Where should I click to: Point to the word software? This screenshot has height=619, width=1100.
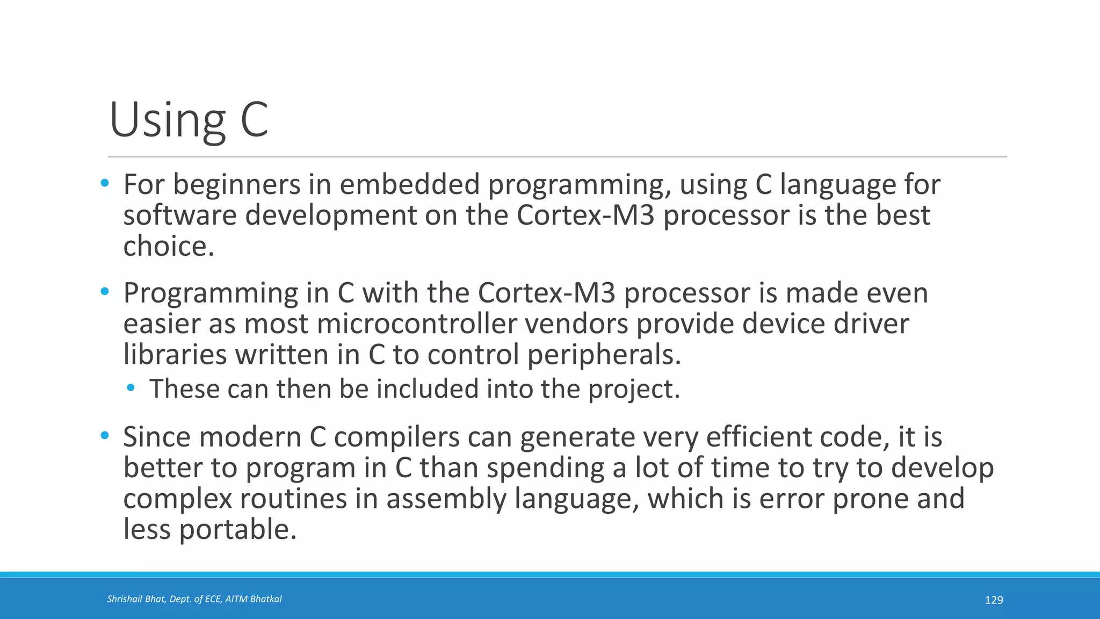tap(180, 215)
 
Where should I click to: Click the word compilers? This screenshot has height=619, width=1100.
tap(397, 437)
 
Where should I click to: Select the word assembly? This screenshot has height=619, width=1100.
tap(446, 499)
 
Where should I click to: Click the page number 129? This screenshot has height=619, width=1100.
tap(994, 600)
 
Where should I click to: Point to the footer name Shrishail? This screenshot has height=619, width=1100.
tap(124, 599)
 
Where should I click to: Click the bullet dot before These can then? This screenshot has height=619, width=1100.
tap(131, 388)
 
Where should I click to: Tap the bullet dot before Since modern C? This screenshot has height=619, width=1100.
tap(105, 435)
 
